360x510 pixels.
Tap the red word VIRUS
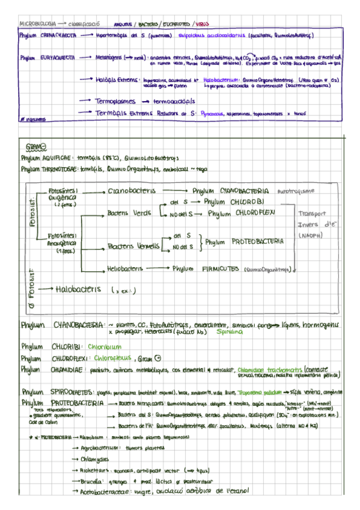(x=203, y=25)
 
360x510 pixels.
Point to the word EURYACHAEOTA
(x=57, y=58)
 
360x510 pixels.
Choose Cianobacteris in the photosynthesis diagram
(x=131, y=191)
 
